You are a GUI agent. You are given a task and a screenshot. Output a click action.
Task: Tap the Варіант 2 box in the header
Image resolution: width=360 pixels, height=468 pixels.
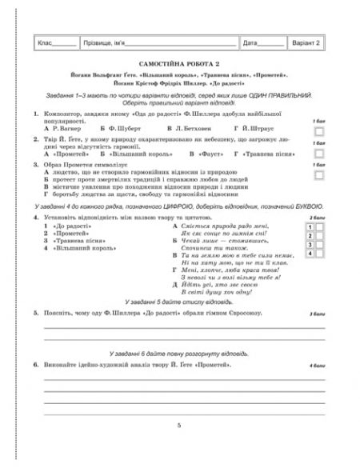tap(306, 42)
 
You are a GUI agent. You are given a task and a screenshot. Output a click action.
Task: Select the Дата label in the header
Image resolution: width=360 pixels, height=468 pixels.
tap(250, 43)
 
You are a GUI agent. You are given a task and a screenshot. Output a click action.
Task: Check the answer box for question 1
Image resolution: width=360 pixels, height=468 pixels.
tap(318, 129)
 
